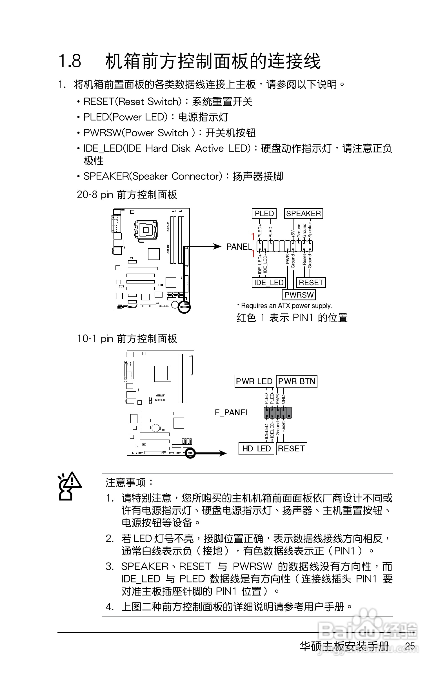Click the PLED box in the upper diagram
pyautogui.click(x=264, y=214)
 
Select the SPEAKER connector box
pyautogui.click(x=303, y=214)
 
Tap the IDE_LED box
pyautogui.click(x=269, y=283)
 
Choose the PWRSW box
pyautogui.click(x=299, y=295)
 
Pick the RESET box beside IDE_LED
pyautogui.click(x=311, y=283)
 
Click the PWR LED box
pyautogui.click(x=254, y=381)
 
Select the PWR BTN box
pyautogui.click(x=297, y=381)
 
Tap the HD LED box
pyautogui.click(x=256, y=449)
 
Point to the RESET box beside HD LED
pyautogui.click(x=291, y=449)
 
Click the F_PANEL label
pyautogui.click(x=232, y=413)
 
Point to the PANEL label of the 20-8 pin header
pyautogui.click(x=239, y=247)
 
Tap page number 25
pyautogui.click(x=410, y=646)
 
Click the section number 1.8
pyautogui.click(x=70, y=61)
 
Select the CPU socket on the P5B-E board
pyautogui.click(x=146, y=230)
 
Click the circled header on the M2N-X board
pyautogui.click(x=190, y=453)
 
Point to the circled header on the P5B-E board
pyautogui.click(x=184, y=307)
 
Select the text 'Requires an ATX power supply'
pyautogui.click(x=286, y=306)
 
